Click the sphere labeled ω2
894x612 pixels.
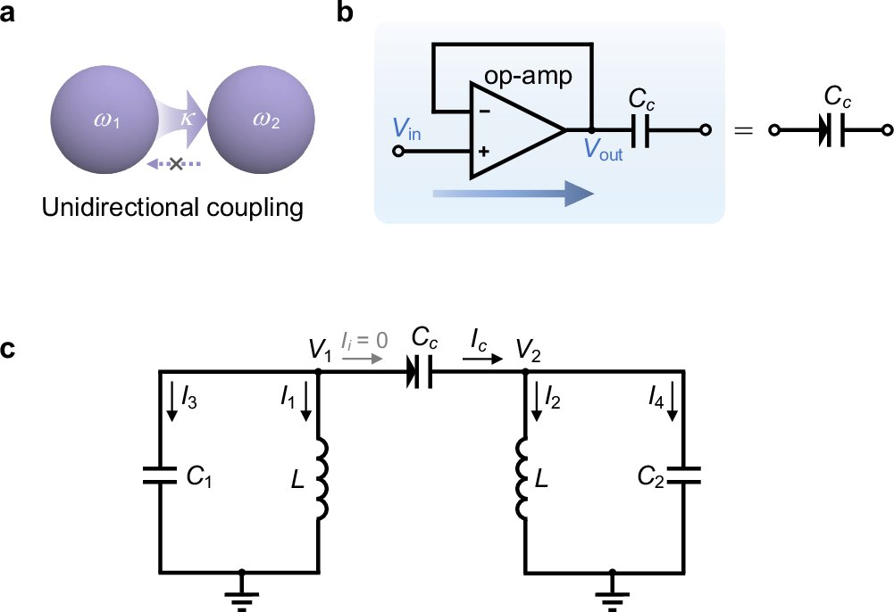click(262, 121)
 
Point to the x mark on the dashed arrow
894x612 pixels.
click(177, 164)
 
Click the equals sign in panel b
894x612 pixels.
click(741, 131)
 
